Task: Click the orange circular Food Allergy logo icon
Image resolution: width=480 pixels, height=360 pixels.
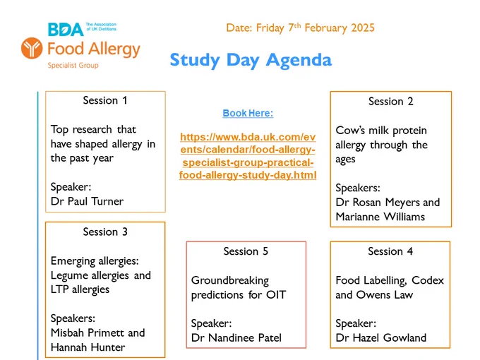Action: point(32,48)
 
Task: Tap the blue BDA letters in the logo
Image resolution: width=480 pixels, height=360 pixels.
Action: point(66,30)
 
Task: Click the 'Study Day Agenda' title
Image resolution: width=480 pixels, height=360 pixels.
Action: point(251,60)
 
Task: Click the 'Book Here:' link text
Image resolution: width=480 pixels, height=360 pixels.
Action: point(248,113)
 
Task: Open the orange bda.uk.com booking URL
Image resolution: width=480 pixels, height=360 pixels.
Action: point(248,156)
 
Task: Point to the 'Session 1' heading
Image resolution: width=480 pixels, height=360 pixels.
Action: point(105,100)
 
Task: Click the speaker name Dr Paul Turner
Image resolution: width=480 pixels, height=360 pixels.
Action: point(88,201)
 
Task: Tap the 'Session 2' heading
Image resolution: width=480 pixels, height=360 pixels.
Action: point(391,102)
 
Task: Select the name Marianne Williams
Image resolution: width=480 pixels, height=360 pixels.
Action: point(380,217)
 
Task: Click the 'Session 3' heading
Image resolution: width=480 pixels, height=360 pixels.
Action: point(105,232)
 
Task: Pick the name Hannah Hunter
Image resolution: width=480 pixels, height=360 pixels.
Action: point(88,347)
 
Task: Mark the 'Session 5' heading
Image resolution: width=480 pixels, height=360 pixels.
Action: point(246,251)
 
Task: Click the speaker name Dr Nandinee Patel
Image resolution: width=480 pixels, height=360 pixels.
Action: point(236,337)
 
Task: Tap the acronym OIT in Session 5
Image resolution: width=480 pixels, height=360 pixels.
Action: point(276,295)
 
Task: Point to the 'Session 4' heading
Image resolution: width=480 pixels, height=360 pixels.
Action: point(390,251)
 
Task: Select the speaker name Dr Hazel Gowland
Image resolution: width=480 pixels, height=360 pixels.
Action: point(380,337)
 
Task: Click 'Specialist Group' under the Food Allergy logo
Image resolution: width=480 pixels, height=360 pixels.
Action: point(73,65)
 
